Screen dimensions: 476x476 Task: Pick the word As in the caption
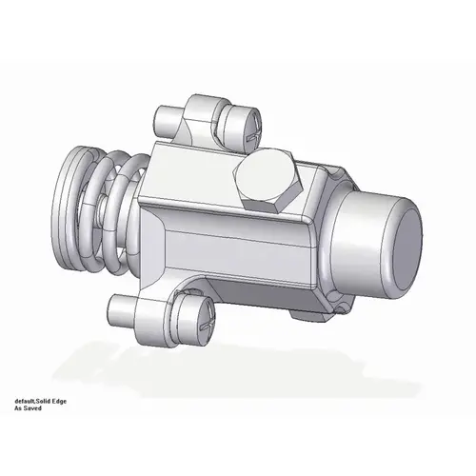18,411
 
